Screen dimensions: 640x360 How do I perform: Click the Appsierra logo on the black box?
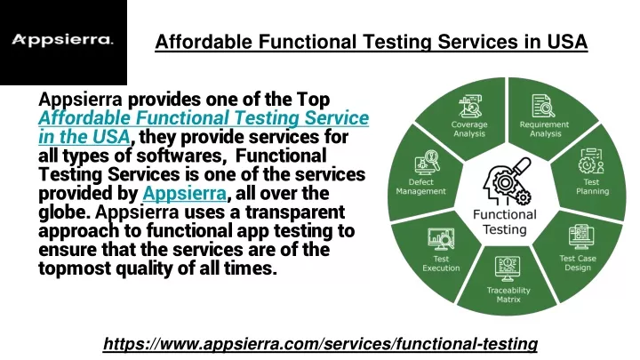pyautogui.click(x=62, y=40)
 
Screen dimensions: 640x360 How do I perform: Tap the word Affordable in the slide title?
pyautogui.click(x=204, y=42)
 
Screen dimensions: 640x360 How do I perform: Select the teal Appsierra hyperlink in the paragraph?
pyautogui.click(x=185, y=193)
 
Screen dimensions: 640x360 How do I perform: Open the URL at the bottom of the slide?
pyautogui.click(x=320, y=344)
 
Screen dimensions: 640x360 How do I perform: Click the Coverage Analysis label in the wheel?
pyautogui.click(x=469, y=129)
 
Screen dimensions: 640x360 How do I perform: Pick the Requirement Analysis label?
pyautogui.click(x=545, y=129)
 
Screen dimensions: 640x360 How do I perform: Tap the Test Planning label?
pyautogui.click(x=592, y=187)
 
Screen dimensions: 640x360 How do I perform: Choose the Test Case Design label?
pyautogui.click(x=578, y=263)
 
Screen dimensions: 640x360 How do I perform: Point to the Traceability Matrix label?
pyautogui.click(x=508, y=295)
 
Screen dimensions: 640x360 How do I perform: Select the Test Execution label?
pyautogui.click(x=441, y=263)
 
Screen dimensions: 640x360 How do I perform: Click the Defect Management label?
pyautogui.click(x=420, y=187)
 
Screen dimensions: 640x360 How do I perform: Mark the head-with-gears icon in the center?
pyautogui.click(x=507, y=181)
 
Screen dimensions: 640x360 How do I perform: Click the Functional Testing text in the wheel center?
pyautogui.click(x=505, y=222)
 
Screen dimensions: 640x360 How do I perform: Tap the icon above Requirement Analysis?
pyautogui.click(x=543, y=106)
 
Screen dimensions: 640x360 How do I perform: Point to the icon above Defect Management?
pyautogui.click(x=427, y=163)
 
